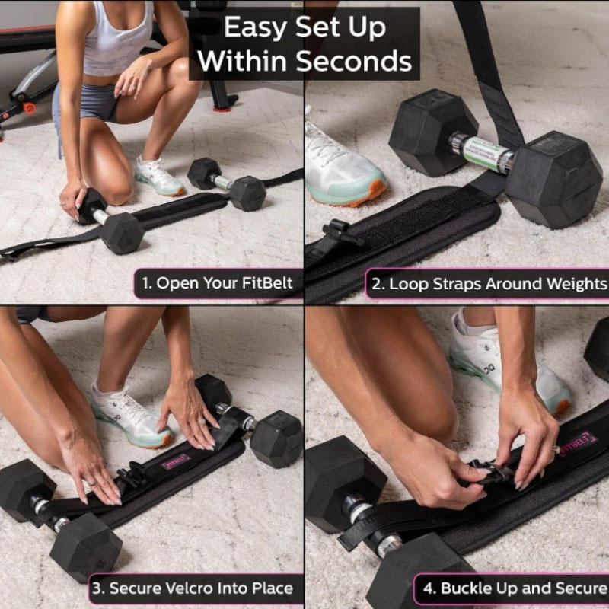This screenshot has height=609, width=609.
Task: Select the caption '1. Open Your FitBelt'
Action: (217, 284)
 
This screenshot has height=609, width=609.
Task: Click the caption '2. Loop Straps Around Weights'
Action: (488, 284)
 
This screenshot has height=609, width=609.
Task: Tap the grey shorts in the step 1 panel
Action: (88, 107)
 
